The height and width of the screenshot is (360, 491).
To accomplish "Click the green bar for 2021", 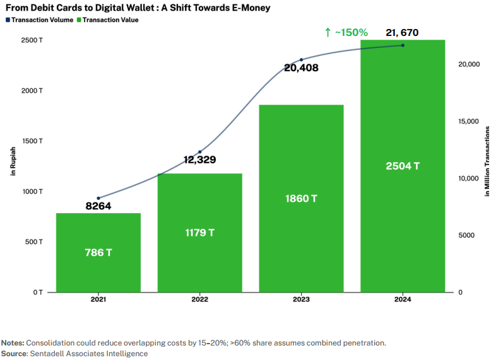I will pyautogui.click(x=98, y=252).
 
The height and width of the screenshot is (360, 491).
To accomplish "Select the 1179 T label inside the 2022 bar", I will pyautogui.click(x=199, y=233).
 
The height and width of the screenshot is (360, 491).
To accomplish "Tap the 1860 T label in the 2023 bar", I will pyautogui.click(x=301, y=199).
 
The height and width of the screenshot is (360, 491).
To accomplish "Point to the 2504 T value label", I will pyautogui.click(x=403, y=166).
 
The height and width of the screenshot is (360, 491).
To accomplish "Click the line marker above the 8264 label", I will pyautogui.click(x=98, y=198).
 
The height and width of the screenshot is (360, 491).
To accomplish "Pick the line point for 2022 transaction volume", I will pyautogui.click(x=200, y=152).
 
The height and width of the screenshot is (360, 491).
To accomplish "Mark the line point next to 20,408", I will pyautogui.click(x=302, y=59).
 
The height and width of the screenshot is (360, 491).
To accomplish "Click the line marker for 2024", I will pyautogui.click(x=403, y=45).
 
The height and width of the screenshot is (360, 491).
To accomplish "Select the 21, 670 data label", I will pyautogui.click(x=398, y=33).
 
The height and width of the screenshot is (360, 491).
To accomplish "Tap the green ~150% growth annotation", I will pyautogui.click(x=346, y=32).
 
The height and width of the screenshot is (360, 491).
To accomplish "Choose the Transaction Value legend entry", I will pyautogui.click(x=107, y=20).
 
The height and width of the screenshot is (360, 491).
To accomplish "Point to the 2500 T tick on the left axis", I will pyautogui.click(x=32, y=40).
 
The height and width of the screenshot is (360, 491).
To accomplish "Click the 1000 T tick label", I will pyautogui.click(x=32, y=191).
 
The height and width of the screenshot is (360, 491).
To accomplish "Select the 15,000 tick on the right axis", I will pyautogui.click(x=468, y=121).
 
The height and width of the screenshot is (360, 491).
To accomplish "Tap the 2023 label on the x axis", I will pyautogui.click(x=301, y=300).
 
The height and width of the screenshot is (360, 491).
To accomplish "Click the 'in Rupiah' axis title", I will pyautogui.click(x=13, y=161).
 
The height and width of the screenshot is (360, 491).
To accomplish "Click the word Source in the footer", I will pyautogui.click(x=13, y=354).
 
